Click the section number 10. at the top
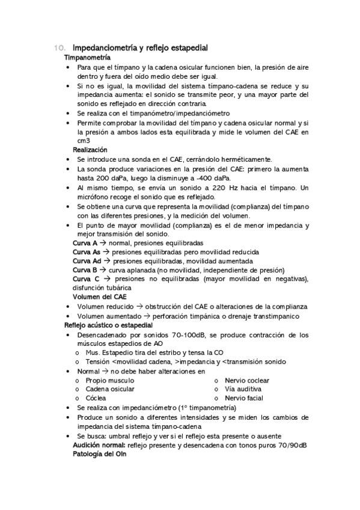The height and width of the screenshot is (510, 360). click(x=59, y=48)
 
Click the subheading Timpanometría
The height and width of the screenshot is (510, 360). click(x=87, y=57)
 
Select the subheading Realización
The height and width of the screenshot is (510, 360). click(x=90, y=149)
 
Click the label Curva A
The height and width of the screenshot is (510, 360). click(x=85, y=243)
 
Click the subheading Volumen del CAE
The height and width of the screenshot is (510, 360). click(x=99, y=297)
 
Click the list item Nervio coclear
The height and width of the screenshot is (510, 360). click(x=246, y=381)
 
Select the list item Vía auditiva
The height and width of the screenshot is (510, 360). click(x=243, y=389)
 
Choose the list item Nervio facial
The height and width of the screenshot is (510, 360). click(x=243, y=398)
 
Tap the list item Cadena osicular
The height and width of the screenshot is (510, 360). click(x=110, y=389)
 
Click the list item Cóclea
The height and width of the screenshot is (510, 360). click(x=96, y=398)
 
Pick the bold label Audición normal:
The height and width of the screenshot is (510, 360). click(x=100, y=445)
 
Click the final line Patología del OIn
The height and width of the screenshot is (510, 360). click(x=99, y=454)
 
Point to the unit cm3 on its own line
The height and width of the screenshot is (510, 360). click(x=84, y=140)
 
